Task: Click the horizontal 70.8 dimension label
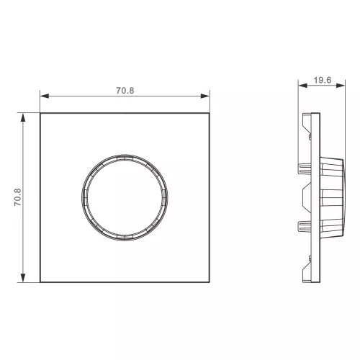click(125, 91)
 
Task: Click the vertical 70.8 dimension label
click(17, 197)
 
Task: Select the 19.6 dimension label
click(323, 80)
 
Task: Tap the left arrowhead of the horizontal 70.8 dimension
click(45, 96)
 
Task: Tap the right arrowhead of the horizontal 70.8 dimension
click(205, 96)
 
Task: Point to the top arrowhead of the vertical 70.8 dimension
click(23, 117)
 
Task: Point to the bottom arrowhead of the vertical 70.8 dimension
click(23, 278)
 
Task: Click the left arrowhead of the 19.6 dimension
click(302, 85)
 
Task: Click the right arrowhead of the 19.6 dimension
click(341, 85)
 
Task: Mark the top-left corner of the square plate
click(40, 113)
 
